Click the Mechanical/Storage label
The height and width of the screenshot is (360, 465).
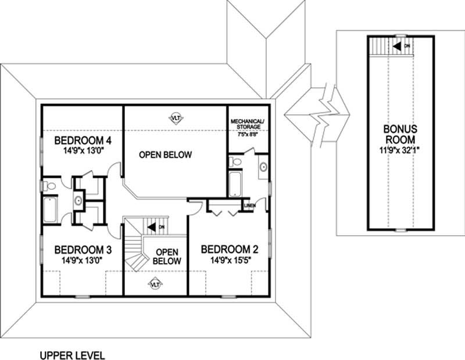247,124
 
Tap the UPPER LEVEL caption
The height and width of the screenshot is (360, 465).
72,354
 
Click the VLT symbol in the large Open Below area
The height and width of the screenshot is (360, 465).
175,118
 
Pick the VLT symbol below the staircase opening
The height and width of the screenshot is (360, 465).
155,284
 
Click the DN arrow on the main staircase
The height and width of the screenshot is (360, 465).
155,226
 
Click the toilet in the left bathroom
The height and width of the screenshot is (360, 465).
51,186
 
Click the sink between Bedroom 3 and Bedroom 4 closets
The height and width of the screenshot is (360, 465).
78,200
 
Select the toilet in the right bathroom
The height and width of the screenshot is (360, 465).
235,161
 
